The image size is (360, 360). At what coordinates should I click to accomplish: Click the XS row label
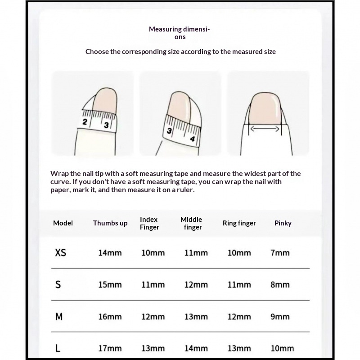[60, 252]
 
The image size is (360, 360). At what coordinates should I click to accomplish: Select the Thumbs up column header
[110, 223]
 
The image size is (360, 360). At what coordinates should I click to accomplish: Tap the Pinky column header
[283, 223]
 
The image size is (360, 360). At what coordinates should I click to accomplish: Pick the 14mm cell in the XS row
[110, 252]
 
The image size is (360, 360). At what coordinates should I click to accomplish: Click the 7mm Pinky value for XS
[280, 252]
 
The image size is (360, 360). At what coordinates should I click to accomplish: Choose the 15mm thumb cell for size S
[110, 284]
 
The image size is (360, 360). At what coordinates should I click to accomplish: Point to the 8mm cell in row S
[280, 284]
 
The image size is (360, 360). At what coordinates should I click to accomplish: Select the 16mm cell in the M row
[110, 316]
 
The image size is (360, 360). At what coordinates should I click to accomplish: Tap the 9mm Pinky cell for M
[280, 316]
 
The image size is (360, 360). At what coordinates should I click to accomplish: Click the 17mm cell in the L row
[110, 348]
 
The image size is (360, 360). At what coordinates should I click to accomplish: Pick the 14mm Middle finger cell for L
[196, 348]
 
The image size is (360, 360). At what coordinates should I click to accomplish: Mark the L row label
[58, 348]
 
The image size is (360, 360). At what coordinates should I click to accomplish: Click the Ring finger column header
[239, 223]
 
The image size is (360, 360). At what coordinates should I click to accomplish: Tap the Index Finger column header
[149, 223]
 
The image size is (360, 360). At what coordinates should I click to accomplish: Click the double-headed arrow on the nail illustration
[265, 129]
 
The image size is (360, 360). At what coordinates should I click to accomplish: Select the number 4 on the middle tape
[192, 139]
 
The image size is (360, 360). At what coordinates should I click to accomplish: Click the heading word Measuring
[165, 29]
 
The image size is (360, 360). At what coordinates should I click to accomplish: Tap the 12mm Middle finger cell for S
[196, 284]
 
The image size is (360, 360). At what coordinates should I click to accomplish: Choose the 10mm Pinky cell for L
[282, 348]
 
